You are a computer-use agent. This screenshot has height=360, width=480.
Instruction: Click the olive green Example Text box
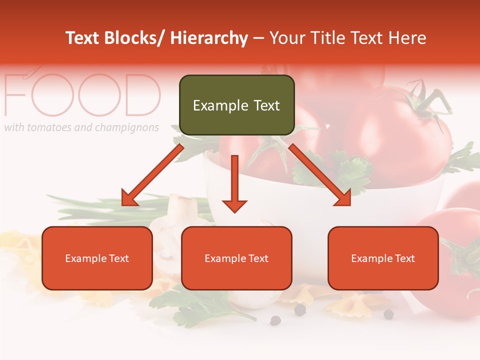click(x=236, y=105)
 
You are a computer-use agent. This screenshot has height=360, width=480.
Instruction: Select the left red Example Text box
click(x=97, y=258)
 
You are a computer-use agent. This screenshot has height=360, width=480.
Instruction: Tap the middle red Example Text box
click(x=236, y=258)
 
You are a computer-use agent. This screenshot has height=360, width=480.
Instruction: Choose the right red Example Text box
click(x=383, y=258)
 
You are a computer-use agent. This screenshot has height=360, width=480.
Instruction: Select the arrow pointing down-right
click(x=320, y=175)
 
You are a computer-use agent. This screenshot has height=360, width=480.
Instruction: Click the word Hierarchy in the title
click(x=209, y=38)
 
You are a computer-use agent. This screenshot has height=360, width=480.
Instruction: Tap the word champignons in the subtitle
click(x=126, y=128)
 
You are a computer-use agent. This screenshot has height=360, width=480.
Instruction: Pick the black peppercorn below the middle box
click(x=300, y=310)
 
